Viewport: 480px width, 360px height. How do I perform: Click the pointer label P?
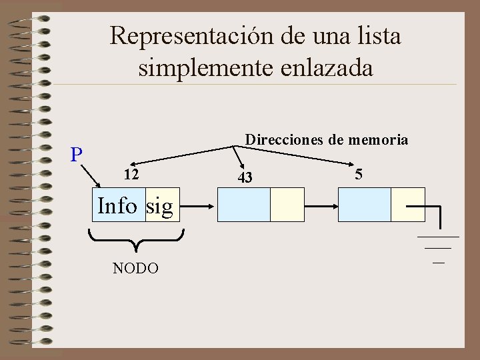pos(77,155)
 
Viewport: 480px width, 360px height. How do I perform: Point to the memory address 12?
pos(131,175)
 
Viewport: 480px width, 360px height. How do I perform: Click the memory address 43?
pos(245,177)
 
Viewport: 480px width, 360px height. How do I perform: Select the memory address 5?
pos(359,174)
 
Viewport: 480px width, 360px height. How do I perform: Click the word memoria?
pos(377,140)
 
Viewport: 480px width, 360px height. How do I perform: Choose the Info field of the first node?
pos(117,206)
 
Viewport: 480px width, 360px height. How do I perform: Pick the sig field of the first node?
pos(160,206)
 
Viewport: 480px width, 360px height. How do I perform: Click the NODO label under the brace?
pos(135,269)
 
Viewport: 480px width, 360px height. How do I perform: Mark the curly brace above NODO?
pos(136,239)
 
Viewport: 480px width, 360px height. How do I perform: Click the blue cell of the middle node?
pos(244,204)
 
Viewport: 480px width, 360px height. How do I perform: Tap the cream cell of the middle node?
pos(287,204)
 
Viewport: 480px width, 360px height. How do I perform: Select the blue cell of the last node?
pos(365,204)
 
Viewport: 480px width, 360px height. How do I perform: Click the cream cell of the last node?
pos(407,204)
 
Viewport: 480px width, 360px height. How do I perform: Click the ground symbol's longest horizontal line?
pos(438,237)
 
